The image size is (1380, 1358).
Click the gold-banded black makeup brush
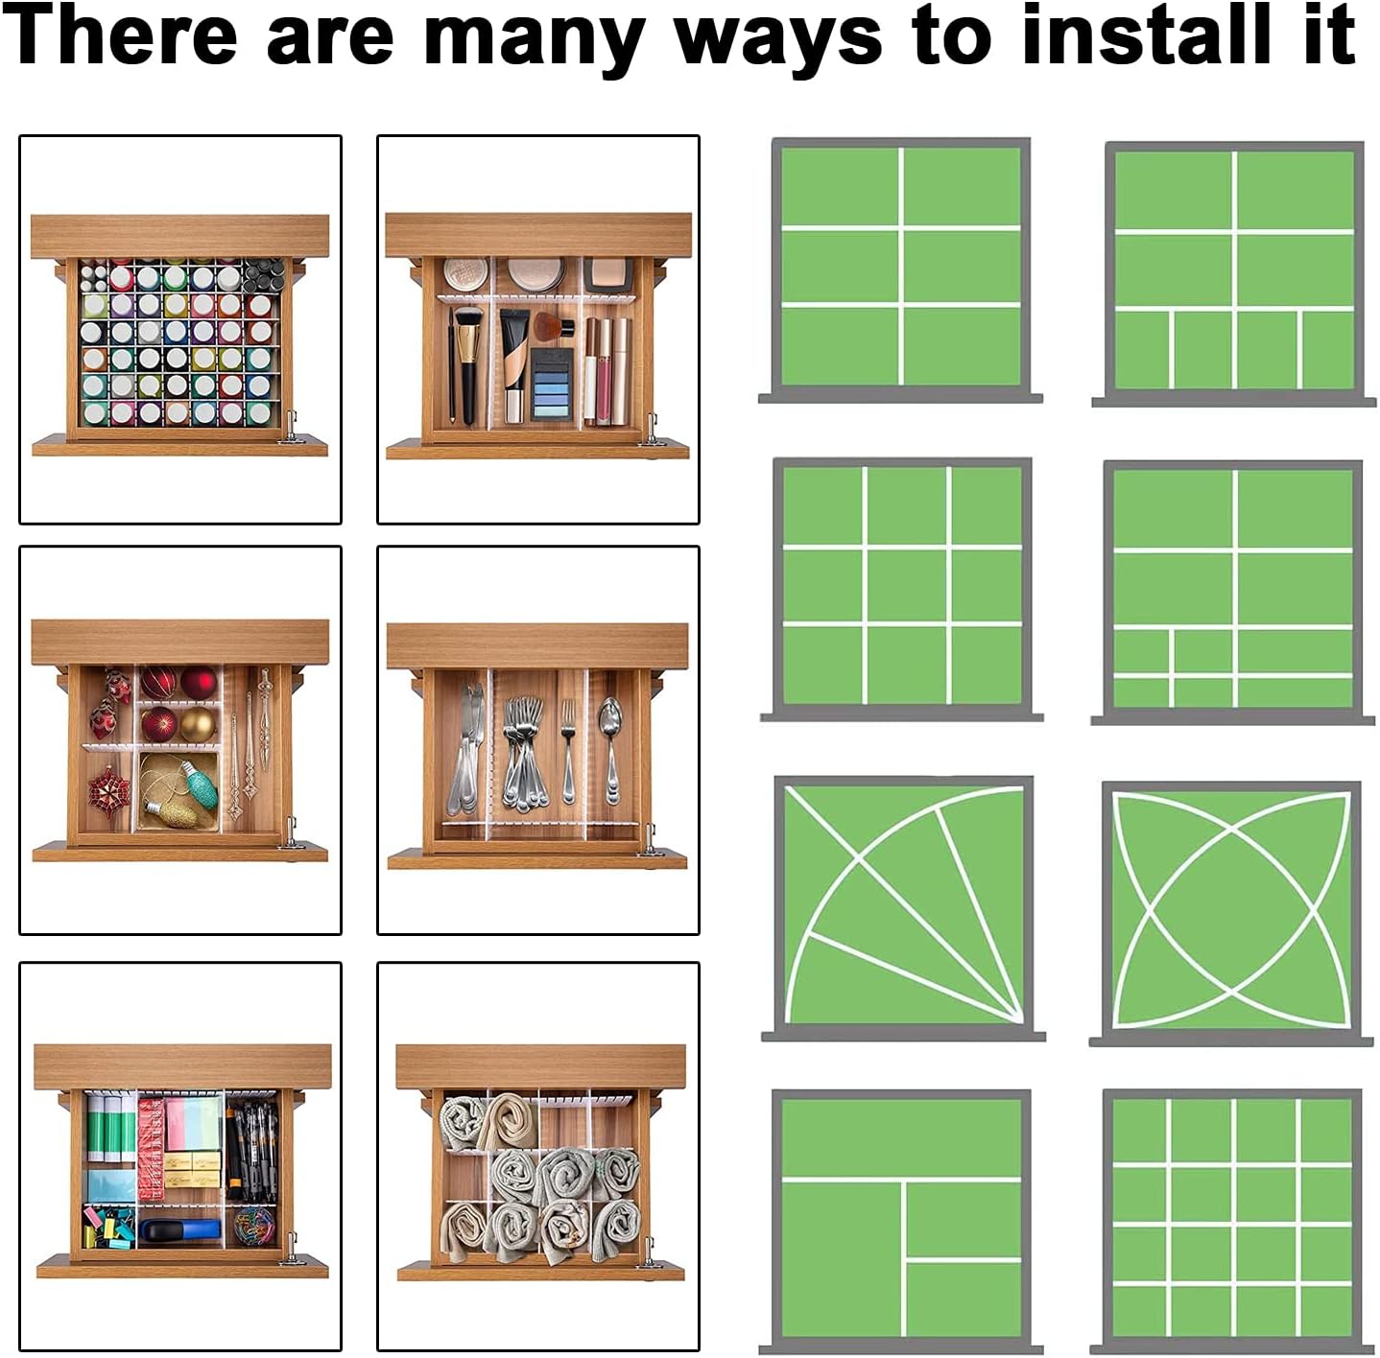[467, 364]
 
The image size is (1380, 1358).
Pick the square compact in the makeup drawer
[608, 272]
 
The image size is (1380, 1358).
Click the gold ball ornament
[197, 725]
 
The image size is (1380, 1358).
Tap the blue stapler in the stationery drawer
[179, 1230]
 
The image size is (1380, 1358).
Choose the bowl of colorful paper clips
[253, 1227]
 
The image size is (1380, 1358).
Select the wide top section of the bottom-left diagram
[901, 1137]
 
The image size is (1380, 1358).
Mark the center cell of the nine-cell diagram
[907, 587]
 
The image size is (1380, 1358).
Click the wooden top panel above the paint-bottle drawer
[179, 236]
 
